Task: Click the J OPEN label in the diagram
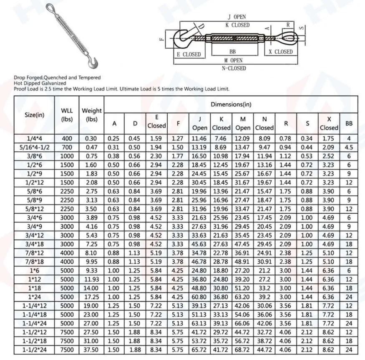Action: point(237,17)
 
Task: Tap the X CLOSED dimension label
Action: point(280,52)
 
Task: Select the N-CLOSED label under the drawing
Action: point(234,68)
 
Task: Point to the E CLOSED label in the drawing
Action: point(189,55)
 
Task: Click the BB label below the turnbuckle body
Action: point(233,52)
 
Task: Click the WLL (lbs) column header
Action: point(67,114)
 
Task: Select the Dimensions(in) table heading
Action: point(231,104)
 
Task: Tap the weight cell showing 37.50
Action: point(91,350)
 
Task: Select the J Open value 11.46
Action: point(199,138)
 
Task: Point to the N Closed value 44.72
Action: point(264,350)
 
